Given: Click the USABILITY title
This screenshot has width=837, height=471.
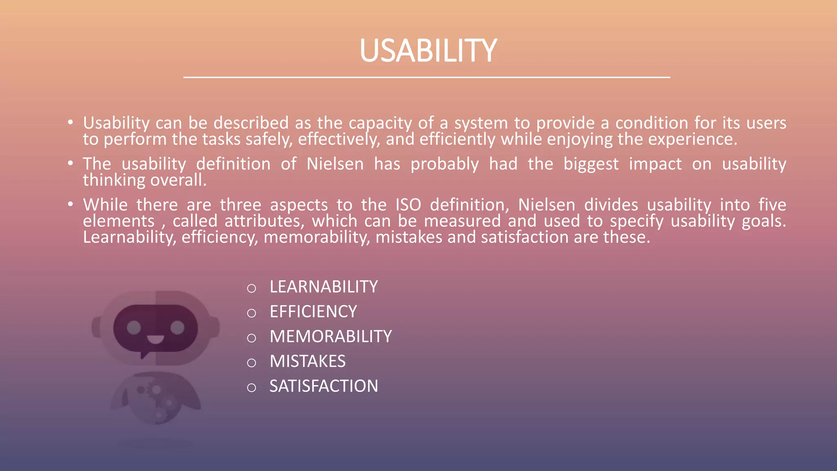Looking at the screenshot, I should click(x=427, y=51).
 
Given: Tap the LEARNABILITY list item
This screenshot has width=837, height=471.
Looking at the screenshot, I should click(x=323, y=287).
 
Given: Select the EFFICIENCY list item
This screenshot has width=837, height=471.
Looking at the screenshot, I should click(x=313, y=312).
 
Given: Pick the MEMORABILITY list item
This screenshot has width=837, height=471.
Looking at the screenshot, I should click(x=330, y=337).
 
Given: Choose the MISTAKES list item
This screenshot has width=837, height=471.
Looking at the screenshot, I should click(x=307, y=361).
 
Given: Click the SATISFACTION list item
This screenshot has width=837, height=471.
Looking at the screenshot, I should click(x=323, y=386).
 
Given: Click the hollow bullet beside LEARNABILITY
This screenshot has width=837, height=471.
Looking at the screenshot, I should click(x=251, y=289).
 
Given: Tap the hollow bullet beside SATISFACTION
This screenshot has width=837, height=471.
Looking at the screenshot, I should click(x=251, y=388).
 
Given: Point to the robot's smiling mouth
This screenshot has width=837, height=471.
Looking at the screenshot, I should click(x=155, y=339).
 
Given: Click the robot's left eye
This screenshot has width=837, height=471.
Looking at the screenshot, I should click(x=134, y=327).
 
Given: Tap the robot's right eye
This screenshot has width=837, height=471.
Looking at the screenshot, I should click(x=177, y=327).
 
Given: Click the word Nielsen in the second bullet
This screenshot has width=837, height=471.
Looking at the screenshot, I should click(x=335, y=164).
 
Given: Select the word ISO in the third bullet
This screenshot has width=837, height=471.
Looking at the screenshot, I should click(x=408, y=205).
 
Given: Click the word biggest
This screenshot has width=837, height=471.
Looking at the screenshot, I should click(x=591, y=164).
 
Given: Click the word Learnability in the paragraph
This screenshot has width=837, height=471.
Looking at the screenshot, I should click(x=129, y=238).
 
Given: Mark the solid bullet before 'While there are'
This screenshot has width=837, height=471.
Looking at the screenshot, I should click(x=71, y=204).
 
